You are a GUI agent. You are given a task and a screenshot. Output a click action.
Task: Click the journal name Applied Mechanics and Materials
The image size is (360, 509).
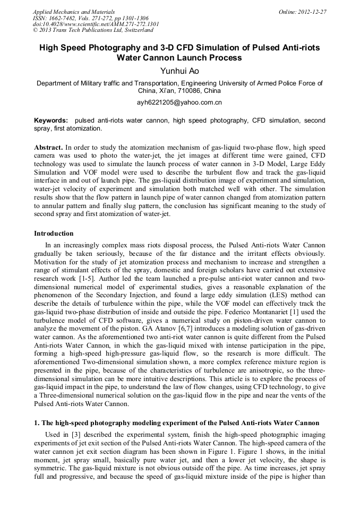[73, 11]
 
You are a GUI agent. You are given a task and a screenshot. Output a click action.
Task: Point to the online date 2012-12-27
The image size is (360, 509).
[313, 11]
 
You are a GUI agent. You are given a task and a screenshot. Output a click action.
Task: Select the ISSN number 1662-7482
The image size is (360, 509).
[68, 18]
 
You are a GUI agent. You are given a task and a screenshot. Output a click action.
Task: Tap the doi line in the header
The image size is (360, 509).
[96, 24]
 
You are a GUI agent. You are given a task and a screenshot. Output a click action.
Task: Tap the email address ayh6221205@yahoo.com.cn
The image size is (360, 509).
[179, 102]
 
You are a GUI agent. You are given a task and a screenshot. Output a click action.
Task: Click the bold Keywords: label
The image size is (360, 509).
[51, 120]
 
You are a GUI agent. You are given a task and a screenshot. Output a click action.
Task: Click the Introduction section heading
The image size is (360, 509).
[54, 233]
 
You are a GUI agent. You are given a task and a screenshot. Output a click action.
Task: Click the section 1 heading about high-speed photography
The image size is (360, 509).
[176, 423]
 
